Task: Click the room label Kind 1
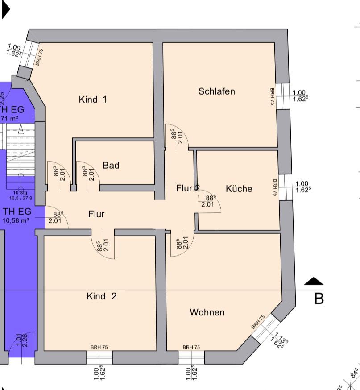pyautogui.click(x=92, y=100)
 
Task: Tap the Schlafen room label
pyautogui.click(x=216, y=91)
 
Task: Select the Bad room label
pyautogui.click(x=111, y=166)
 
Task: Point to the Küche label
pyautogui.click(x=239, y=189)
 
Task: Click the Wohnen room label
pyautogui.click(x=207, y=312)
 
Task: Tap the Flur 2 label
pyautogui.click(x=187, y=188)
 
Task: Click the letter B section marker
pyautogui.click(x=319, y=299)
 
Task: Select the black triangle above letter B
pyautogui.click(x=314, y=281)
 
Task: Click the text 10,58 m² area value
pyautogui.click(x=16, y=220)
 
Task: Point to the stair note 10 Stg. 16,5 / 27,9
pyautogui.click(x=21, y=195)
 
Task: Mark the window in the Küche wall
pyautogui.click(x=285, y=187)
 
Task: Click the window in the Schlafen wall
pyautogui.click(x=282, y=96)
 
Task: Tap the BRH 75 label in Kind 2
pyautogui.click(x=99, y=347)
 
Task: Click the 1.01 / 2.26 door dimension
pyautogui.click(x=21, y=340)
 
